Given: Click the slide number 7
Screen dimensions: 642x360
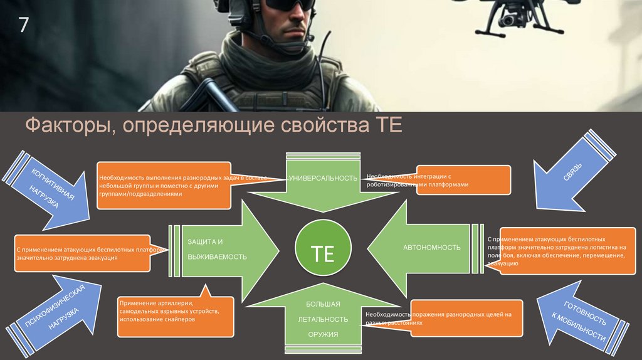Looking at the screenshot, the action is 24,26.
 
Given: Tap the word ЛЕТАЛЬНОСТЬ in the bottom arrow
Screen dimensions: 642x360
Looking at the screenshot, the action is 323,319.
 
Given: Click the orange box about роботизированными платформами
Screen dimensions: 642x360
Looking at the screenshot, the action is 463,181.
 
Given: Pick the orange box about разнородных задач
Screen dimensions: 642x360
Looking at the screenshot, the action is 163,186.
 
